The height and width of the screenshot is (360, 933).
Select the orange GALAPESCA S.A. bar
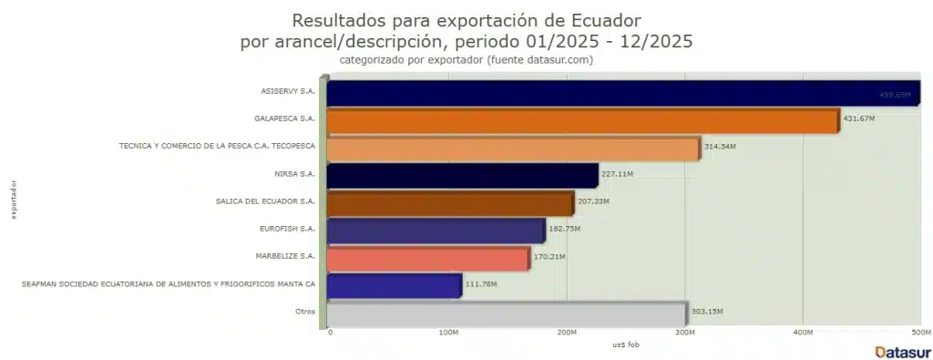point(582,121)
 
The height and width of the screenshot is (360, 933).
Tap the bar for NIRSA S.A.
point(462,175)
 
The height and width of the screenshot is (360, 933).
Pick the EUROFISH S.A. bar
point(436,230)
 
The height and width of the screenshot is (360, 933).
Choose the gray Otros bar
point(506,313)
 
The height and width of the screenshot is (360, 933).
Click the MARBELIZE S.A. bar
point(427,258)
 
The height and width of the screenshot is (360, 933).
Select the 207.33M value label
point(593,201)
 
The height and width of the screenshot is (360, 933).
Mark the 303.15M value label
point(706,312)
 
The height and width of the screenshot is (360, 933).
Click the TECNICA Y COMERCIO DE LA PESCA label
point(217,146)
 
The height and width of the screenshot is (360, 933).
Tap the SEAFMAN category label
point(169,283)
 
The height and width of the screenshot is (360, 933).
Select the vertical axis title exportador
point(13,201)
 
